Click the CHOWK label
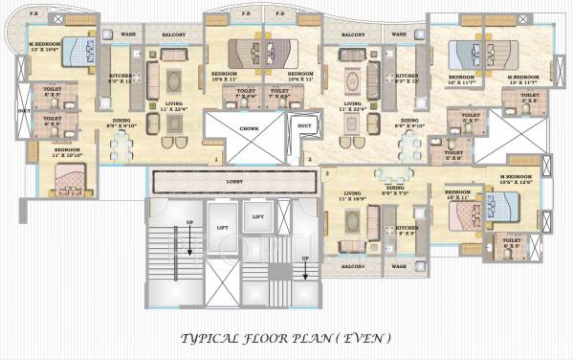[x=250, y=125]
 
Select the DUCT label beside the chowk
[x=303, y=124]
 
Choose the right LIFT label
[x=257, y=217]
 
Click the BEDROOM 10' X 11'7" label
[x=463, y=79]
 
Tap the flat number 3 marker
[x=327, y=173]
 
